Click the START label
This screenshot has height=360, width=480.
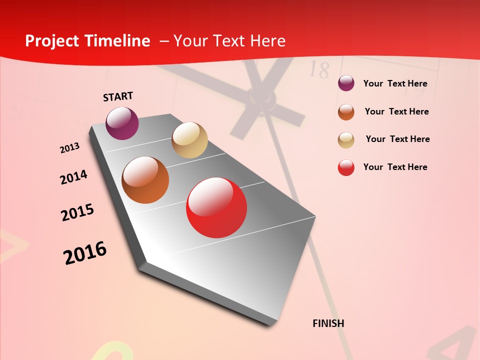pyautogui.click(x=118, y=96)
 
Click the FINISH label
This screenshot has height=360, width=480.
pyautogui.click(x=328, y=323)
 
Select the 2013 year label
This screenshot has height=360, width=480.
pyautogui.click(x=69, y=148)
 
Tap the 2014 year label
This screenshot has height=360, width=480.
pyautogui.click(x=73, y=177)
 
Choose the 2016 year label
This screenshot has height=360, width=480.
pyautogui.click(x=85, y=253)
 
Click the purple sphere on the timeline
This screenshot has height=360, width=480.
pyautogui.click(x=122, y=123)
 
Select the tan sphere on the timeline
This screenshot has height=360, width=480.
pyautogui.click(x=189, y=140)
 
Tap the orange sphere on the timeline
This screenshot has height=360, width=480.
pyautogui.click(x=145, y=180)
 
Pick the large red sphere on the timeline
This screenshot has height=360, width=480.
pyautogui.click(x=216, y=208)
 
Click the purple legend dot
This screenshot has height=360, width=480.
pyautogui.click(x=346, y=83)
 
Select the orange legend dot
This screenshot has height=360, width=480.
pyautogui.click(x=346, y=112)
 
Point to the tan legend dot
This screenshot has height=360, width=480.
pyautogui.click(x=346, y=140)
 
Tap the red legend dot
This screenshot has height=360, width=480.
pyautogui.click(x=346, y=167)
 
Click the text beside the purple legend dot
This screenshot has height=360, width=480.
pyautogui.click(x=395, y=84)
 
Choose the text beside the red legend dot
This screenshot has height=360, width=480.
pyautogui.click(x=395, y=167)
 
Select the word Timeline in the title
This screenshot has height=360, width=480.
pyautogui.click(x=118, y=41)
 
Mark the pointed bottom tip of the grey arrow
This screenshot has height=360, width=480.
pyautogui.click(x=270, y=325)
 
